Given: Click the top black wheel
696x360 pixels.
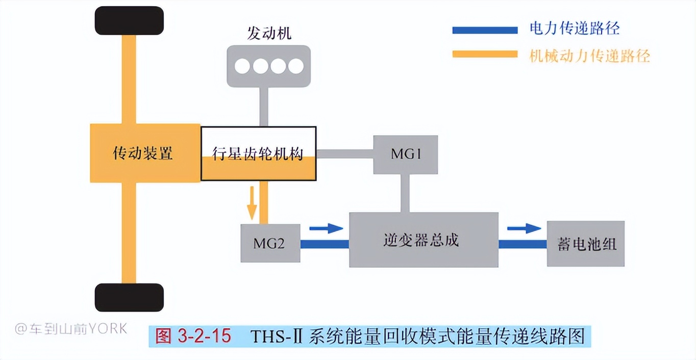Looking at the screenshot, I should click(129, 21).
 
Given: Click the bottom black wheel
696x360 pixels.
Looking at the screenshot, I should click(129, 297).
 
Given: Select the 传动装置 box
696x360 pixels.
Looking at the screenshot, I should click(144, 153).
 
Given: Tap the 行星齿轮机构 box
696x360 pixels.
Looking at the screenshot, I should click(258, 153).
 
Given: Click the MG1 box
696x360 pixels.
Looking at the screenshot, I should click(406, 154).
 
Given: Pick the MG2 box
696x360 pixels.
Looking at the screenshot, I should click(270, 243).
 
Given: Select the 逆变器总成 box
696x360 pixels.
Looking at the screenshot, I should click(424, 240).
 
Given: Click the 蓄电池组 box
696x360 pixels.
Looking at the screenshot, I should click(585, 244).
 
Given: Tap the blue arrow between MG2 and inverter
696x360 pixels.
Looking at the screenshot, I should click(326, 228).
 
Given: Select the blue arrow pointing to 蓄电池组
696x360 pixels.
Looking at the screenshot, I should click(524, 228).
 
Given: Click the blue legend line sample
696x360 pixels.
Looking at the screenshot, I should click(485, 30).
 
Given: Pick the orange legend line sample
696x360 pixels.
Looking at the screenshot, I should click(485, 54).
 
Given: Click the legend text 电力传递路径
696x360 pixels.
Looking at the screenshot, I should click(575, 29).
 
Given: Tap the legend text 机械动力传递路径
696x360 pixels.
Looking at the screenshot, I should click(590, 56).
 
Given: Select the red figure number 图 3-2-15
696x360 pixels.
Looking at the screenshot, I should click(193, 336).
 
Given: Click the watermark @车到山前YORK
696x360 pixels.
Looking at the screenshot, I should click(71, 328).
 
